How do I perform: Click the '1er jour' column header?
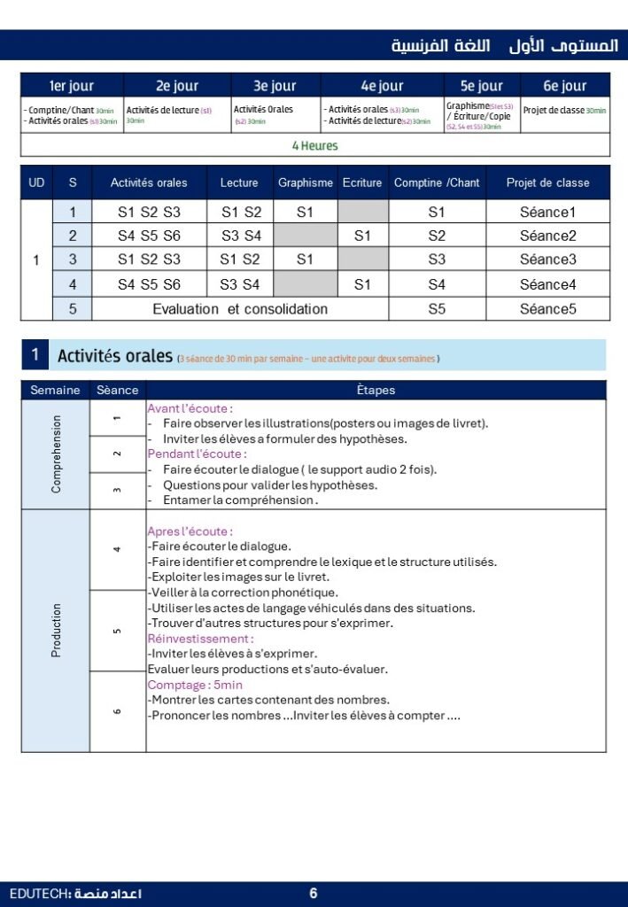coord(72,86)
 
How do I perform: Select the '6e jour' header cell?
coord(564,86)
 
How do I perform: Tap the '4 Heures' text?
coord(314,145)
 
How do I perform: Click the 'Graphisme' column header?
coord(306,182)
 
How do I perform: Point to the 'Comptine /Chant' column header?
coord(437,182)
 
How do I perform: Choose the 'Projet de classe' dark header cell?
coord(547,182)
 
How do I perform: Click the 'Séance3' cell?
coord(547,260)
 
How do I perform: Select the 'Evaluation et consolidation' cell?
coord(240,309)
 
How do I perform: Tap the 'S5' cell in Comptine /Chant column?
coord(437,309)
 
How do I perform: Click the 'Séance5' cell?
coord(547,309)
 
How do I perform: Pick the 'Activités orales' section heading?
coord(114,356)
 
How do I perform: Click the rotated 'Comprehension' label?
coord(57,454)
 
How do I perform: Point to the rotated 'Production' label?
coord(57,630)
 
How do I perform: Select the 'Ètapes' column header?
coord(376,390)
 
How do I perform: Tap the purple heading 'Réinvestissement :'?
coord(200,639)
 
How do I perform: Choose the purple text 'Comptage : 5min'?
coord(195,685)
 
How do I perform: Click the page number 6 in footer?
coord(314,894)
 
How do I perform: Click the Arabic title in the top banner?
coord(505,45)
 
